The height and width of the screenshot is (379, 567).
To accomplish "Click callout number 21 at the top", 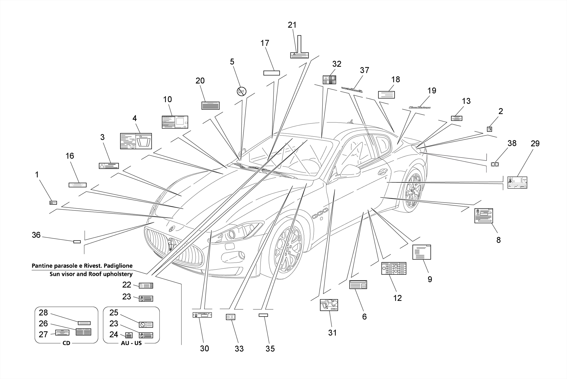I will tap(292, 25).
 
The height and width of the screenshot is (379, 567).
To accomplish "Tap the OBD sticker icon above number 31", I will tap(329, 305).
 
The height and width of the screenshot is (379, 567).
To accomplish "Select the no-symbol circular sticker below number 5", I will tap(241, 91).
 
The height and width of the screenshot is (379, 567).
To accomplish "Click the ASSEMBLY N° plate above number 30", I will tap(202, 315).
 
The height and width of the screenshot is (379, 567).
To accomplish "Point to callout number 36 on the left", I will tap(36, 235).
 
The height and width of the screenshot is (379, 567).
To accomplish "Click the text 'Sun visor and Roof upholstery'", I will tap(91, 274).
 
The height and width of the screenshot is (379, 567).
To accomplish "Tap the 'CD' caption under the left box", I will tap(66, 343).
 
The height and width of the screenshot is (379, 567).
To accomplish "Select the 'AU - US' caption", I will tap(131, 343).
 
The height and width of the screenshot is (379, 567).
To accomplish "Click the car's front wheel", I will tap(288, 251).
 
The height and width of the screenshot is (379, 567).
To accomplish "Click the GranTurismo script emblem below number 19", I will tap(420, 107).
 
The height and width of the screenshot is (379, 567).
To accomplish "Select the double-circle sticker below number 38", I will tap(495, 164).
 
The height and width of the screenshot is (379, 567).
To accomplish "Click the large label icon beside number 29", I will tap(517, 183).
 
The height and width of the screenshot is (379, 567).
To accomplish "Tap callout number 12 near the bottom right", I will tap(397, 298).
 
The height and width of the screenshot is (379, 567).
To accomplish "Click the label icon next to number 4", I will tap(136, 141).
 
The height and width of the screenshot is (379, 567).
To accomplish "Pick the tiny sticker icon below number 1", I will tap(53, 203).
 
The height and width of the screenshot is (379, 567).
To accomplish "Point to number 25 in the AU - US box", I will tap(114, 313).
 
